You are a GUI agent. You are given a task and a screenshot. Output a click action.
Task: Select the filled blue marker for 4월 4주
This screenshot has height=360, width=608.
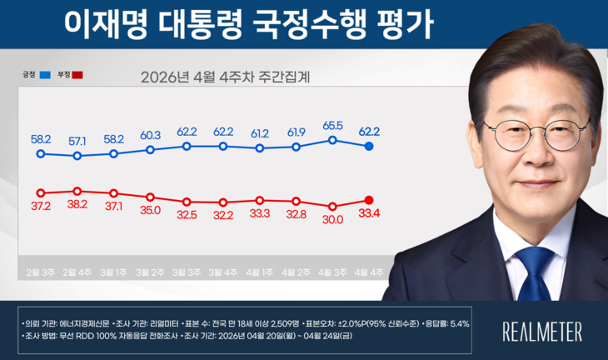click(x=369, y=146)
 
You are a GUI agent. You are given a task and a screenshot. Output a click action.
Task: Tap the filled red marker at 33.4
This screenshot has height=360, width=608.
click(x=369, y=199)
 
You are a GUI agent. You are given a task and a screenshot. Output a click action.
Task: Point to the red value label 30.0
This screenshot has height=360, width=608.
click(x=333, y=221)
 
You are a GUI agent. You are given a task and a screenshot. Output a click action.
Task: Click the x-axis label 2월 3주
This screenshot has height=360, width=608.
click(x=41, y=272)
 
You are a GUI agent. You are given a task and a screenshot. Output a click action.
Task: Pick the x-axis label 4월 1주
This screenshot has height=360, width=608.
click(x=260, y=272)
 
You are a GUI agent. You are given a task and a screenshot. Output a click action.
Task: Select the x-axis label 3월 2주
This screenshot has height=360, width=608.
click(x=151, y=272)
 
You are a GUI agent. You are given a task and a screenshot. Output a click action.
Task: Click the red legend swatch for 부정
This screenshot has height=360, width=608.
click(x=78, y=75)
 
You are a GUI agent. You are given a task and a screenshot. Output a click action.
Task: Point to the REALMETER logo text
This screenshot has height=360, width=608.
click(x=542, y=331)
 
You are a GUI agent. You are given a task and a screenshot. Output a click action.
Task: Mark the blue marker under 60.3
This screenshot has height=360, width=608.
click(x=151, y=150)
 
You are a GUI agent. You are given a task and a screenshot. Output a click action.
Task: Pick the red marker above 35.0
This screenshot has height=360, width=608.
click(x=151, y=197)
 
